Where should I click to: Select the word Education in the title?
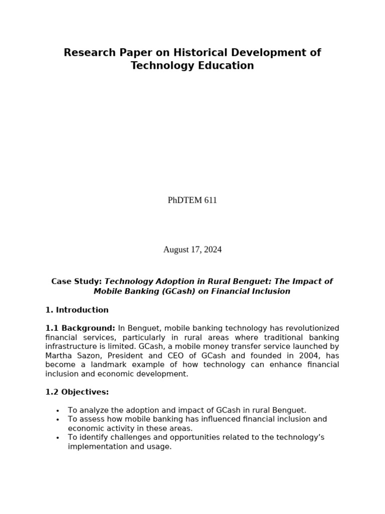[x=229, y=66]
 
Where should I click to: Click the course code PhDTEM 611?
[x=192, y=200]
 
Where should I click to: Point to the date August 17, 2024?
[x=192, y=249]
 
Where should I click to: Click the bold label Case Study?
[x=77, y=282]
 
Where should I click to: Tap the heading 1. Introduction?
[x=77, y=310]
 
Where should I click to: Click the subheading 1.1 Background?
[x=80, y=328]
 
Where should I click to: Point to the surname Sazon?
[x=89, y=355]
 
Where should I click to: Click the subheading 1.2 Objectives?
[x=77, y=392]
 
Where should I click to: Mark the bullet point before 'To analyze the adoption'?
[x=58, y=411]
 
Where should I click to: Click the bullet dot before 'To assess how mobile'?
[x=58, y=420]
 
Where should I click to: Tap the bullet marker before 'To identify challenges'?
[x=58, y=438]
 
